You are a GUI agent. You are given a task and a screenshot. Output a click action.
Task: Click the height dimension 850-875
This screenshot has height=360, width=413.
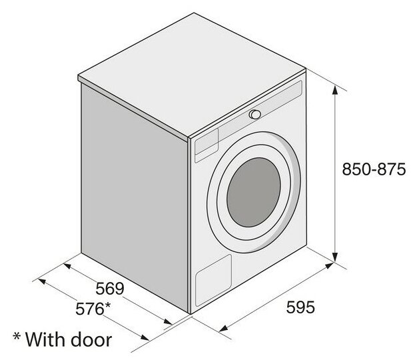pos(374,170)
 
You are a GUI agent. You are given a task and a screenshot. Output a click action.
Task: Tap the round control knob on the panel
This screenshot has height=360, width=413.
pos(254,115)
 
